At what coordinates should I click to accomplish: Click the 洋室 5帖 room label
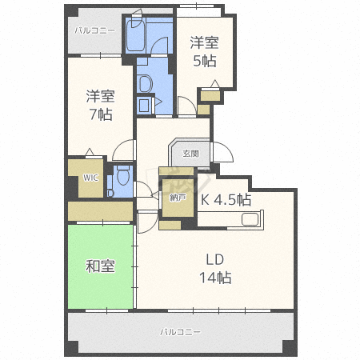pos(204,52)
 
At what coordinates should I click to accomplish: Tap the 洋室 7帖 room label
pos(101,105)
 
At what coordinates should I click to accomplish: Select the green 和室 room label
pos(100,266)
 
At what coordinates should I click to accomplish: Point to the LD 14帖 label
pos(215,269)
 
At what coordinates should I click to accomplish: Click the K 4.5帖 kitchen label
pos(226,199)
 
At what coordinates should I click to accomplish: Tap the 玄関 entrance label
pos(190,154)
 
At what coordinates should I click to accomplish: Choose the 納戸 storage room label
pos(178,198)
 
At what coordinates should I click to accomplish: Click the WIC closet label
pos(90,178)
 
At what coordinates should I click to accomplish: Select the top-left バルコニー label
pos(94,30)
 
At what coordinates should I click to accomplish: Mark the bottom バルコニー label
pos(180,332)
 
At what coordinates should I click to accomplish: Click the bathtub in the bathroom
pos(135,35)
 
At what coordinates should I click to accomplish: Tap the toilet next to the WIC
pos(123,175)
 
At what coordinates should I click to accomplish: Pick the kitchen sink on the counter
pos(250,219)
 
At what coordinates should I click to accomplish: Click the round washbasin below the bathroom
pos(145,84)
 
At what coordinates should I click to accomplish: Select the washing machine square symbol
pos(144,105)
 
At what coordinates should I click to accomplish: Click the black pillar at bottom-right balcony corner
pos(290,346)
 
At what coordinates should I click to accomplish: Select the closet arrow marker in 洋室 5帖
pos(215,84)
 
